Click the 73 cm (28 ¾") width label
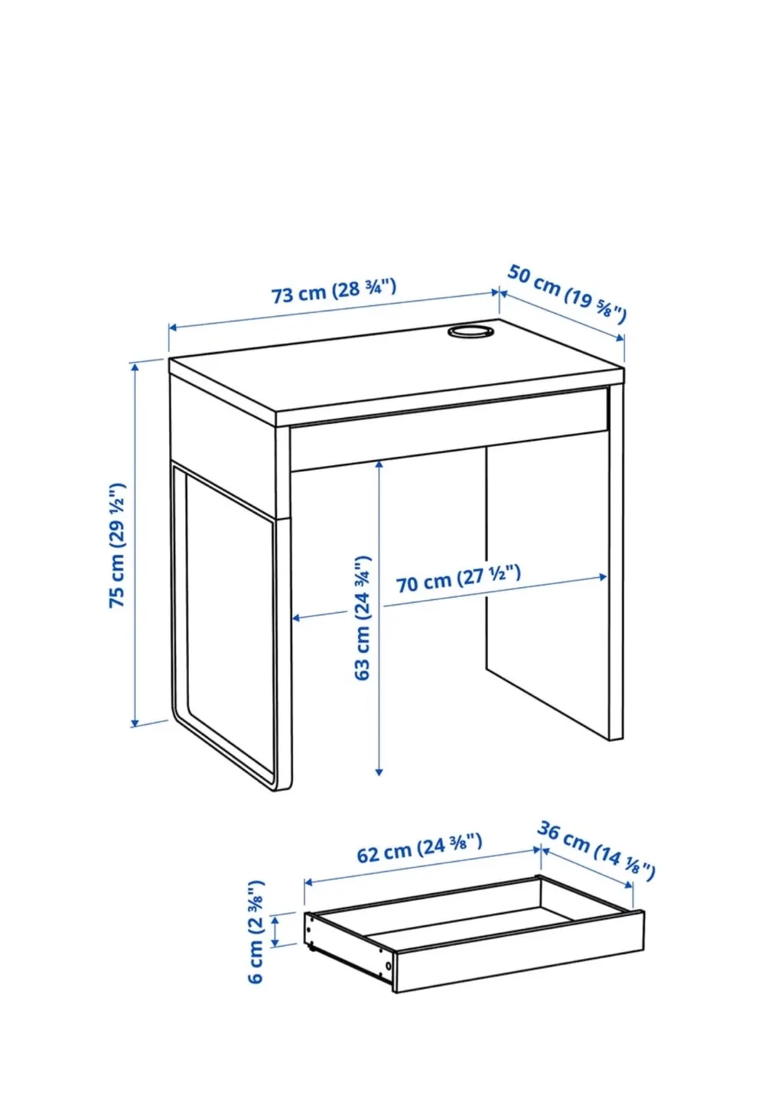(x=334, y=291)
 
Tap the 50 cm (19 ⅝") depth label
(x=568, y=293)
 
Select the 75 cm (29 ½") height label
(x=117, y=545)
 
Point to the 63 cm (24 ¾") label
(x=363, y=618)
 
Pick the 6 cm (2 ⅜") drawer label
(x=256, y=931)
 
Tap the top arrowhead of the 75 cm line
(x=136, y=366)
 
